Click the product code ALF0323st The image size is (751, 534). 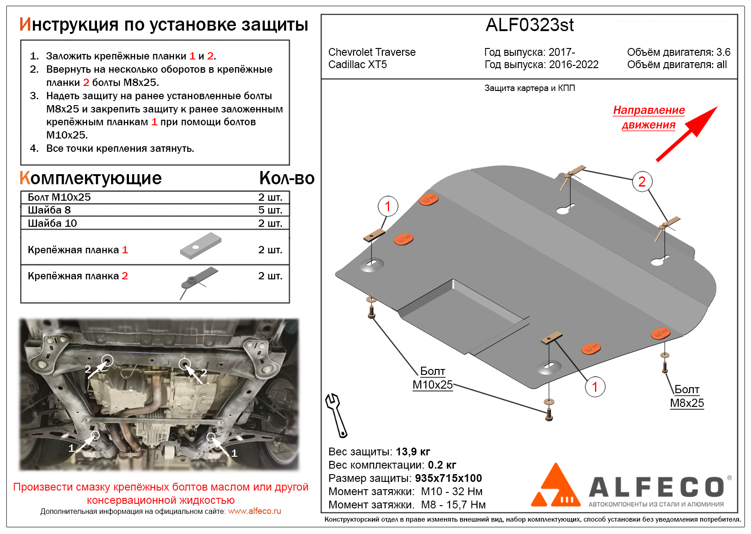click(529, 25)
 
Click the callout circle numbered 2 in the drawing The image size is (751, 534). click(642, 182)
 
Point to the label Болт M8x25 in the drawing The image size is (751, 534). click(687, 396)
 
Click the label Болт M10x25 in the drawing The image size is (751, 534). click(432, 378)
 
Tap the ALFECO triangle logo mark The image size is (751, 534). click(555, 487)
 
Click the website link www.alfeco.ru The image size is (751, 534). click(254, 511)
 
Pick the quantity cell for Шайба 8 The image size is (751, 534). click(270, 210)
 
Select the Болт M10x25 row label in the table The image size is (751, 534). click(59, 197)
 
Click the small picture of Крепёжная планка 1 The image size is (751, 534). click(200, 246)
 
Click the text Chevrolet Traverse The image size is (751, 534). click(372, 52)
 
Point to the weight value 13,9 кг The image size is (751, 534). click(413, 452)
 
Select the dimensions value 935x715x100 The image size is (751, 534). click(448, 478)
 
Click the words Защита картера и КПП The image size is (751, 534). click(529, 88)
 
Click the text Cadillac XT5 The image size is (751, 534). click(358, 64)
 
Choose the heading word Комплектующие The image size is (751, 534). click(91, 178)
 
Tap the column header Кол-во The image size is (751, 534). click(286, 178)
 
